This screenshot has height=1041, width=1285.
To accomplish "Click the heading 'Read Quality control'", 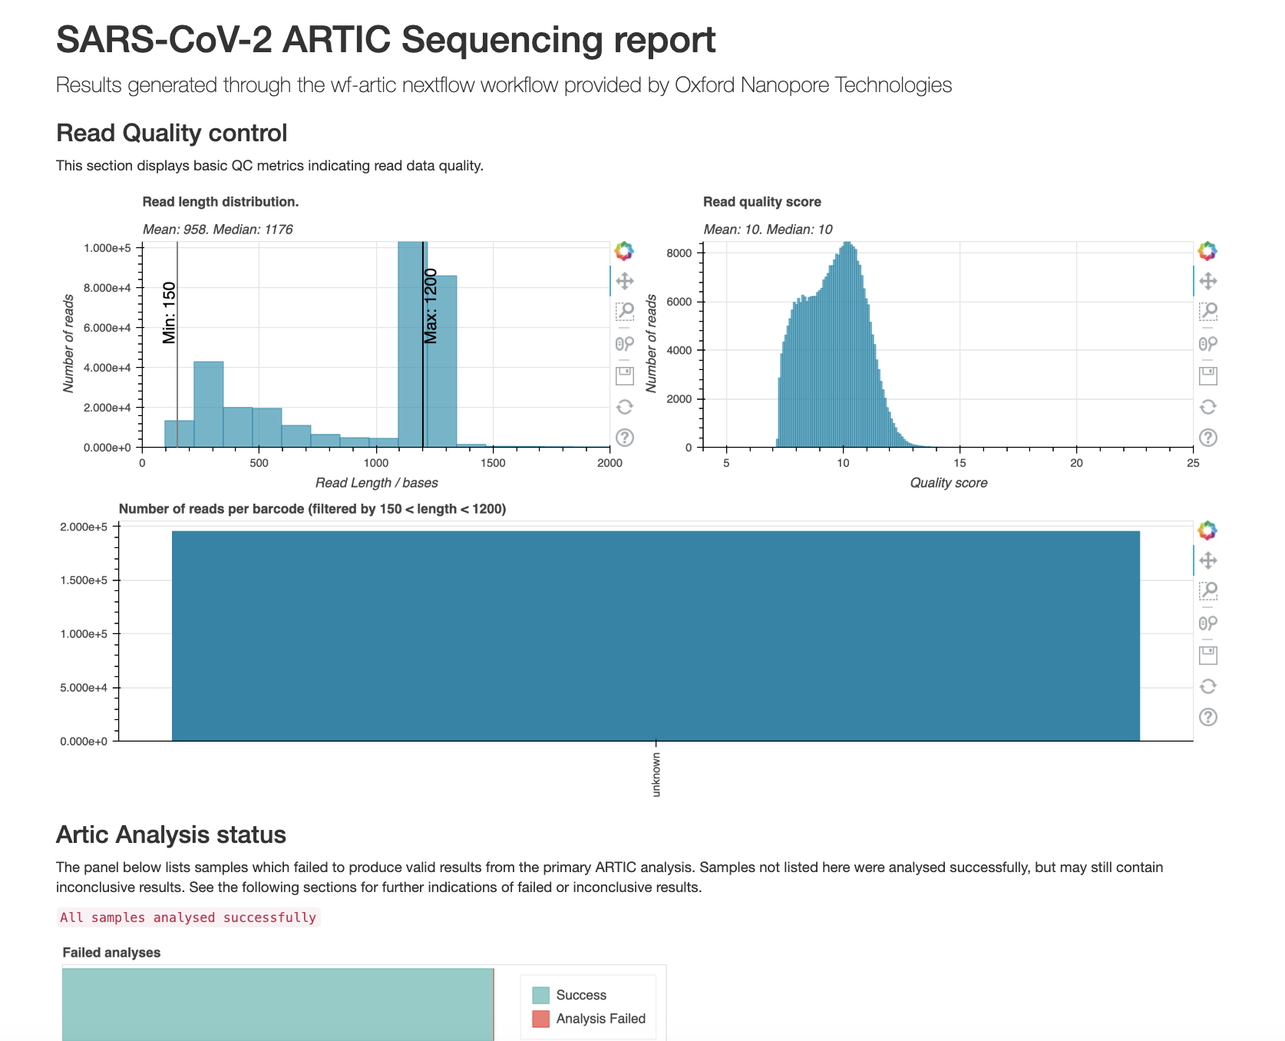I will [171, 133].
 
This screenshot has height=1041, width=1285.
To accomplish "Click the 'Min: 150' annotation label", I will [170, 312].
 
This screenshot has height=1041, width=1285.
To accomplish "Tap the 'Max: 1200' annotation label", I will [431, 306].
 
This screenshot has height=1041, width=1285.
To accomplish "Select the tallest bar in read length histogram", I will [412, 345].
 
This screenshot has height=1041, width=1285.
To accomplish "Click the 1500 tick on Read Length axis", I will [493, 463].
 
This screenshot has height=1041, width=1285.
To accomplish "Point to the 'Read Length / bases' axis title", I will [376, 483].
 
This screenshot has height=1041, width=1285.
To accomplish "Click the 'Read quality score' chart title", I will [761, 202].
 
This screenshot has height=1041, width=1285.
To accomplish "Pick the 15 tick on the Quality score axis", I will [960, 463].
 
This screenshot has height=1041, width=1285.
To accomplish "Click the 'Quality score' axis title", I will [948, 483].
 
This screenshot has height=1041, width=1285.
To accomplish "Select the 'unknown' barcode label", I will [656, 774].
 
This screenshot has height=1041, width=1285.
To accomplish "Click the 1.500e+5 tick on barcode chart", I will [84, 580].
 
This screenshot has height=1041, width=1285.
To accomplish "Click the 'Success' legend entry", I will [580, 995].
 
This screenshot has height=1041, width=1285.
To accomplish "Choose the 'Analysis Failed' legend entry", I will [600, 1019].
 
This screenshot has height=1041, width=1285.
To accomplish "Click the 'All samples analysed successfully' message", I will [188, 917].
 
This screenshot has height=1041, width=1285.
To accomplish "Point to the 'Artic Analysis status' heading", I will [171, 834].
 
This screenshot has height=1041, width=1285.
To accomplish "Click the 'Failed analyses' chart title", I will [111, 953].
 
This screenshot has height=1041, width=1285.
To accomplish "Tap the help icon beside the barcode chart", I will [1207, 717].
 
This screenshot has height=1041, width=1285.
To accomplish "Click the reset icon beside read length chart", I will [625, 407].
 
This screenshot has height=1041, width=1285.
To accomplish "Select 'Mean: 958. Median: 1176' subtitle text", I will [217, 230].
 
